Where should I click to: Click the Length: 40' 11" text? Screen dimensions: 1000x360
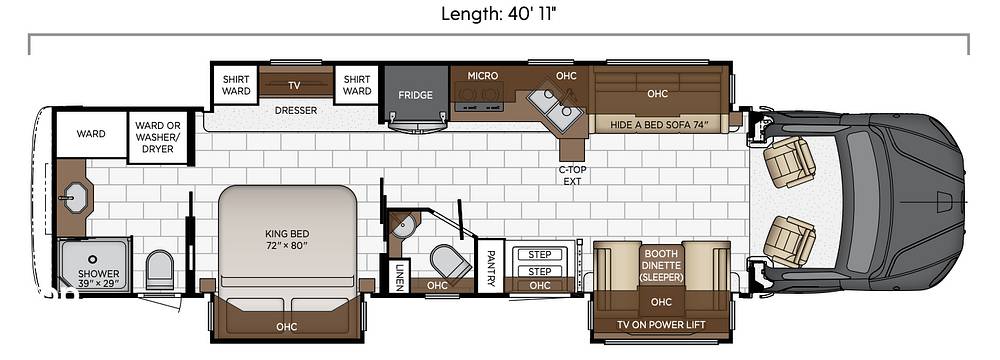pos(499,14)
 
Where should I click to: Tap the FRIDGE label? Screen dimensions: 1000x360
pos(415,95)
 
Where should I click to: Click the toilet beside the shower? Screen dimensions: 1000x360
pos(160,269)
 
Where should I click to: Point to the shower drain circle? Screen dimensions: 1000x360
pos(92,259)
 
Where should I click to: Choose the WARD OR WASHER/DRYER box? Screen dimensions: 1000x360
pos(158,137)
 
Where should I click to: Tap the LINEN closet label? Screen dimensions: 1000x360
pos(399,277)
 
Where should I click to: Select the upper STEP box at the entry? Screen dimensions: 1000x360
pos(540,255)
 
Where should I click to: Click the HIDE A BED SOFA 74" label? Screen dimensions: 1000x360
pos(660,123)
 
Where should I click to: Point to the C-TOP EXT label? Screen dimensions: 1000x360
pos(572,175)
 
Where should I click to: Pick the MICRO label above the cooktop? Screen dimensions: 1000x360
pos(482,75)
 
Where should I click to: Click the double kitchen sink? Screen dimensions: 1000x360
pos(555,107)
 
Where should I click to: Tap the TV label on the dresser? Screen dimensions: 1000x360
pos(294,85)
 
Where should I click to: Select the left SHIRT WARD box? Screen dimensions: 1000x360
pos(235,85)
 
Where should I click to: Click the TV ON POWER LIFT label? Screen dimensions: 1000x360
pos(661,325)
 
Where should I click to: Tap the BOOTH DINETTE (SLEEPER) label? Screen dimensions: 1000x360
pos(660,265)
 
